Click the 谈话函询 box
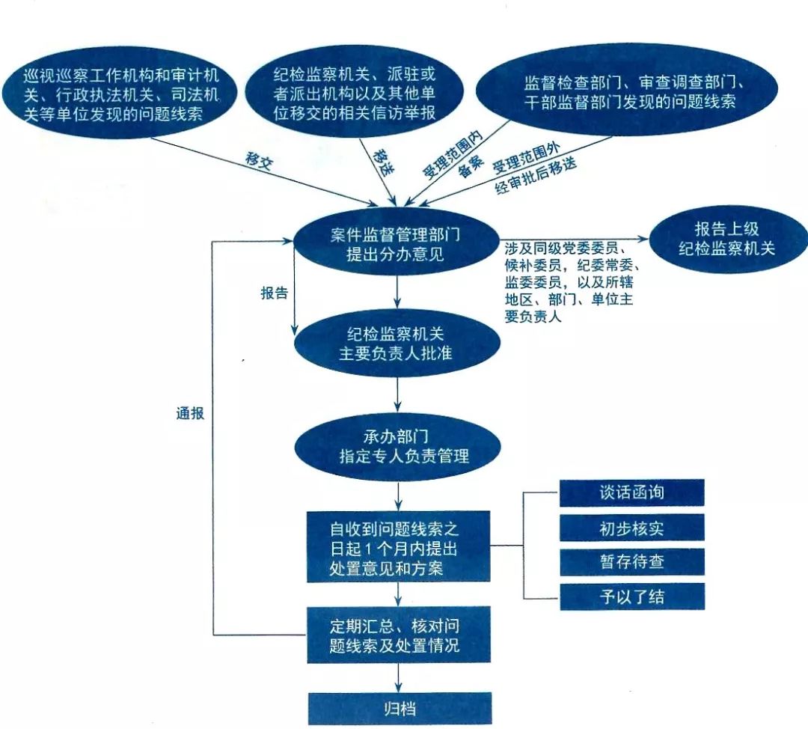tap(632, 493)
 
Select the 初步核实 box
tap(632, 528)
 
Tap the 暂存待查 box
tap(632, 562)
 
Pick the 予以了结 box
tap(632, 597)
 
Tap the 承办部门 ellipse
tap(397, 445)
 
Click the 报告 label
tap(274, 293)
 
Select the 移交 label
tap(259, 160)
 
